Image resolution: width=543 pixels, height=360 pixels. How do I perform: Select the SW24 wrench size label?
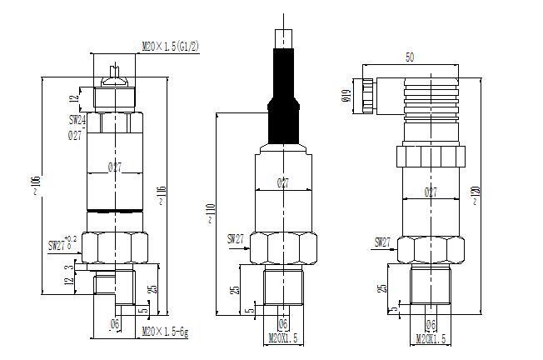tap(77, 121)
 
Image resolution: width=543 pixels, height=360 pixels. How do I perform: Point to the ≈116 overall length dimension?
tap(160, 196)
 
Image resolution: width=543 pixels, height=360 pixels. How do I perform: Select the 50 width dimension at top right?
tap(409, 58)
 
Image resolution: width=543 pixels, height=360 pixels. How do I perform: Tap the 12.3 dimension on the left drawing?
tap(68, 276)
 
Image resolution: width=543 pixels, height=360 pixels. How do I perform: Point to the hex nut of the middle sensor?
tap(283, 247)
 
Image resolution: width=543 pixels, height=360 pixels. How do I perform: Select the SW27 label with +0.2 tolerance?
tap(62, 245)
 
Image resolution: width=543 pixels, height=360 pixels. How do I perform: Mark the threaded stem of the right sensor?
tap(430, 286)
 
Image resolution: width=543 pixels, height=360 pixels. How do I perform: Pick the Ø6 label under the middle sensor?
tap(282, 324)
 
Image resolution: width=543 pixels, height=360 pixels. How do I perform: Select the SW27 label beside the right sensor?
tap(382, 242)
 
